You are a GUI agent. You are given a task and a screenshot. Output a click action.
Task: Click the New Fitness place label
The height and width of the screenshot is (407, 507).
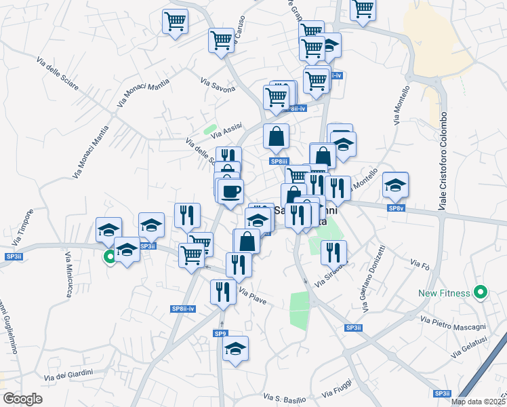click(x=444, y=293)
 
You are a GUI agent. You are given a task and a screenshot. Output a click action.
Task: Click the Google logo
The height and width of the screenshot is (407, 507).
click(x=22, y=399)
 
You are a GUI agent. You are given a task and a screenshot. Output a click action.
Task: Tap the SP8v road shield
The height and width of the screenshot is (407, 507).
click(x=397, y=208)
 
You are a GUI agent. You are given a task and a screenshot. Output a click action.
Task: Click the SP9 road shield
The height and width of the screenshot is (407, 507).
click(x=220, y=334)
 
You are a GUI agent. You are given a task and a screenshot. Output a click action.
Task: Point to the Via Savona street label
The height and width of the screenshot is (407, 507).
click(x=218, y=85)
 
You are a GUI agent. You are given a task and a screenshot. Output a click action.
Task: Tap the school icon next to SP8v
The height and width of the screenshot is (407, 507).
click(x=396, y=184)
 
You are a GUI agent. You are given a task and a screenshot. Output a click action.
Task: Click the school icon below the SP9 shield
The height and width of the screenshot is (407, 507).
click(x=236, y=349)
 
